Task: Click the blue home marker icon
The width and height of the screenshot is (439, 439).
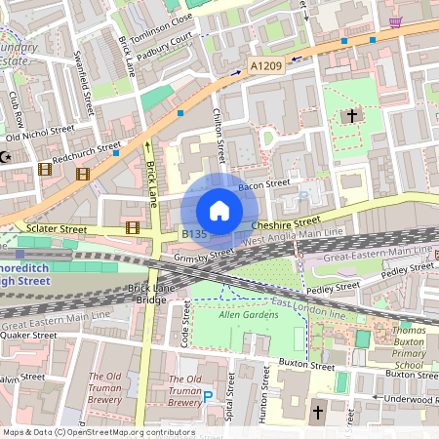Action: pyautogui.click(x=219, y=211)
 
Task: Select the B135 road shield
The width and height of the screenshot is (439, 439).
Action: pyautogui.click(x=195, y=234)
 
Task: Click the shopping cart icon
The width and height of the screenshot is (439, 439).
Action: pyautogui.click(x=395, y=21)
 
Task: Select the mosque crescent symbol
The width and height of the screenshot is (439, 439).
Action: pyautogui.click(x=6, y=157)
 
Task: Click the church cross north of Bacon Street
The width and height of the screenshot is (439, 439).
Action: pyautogui.click(x=351, y=115)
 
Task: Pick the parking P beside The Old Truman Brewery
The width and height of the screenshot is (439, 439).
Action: pyautogui.click(x=208, y=396)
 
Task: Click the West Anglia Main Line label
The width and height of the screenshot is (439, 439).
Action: pyautogui.click(x=294, y=236)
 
